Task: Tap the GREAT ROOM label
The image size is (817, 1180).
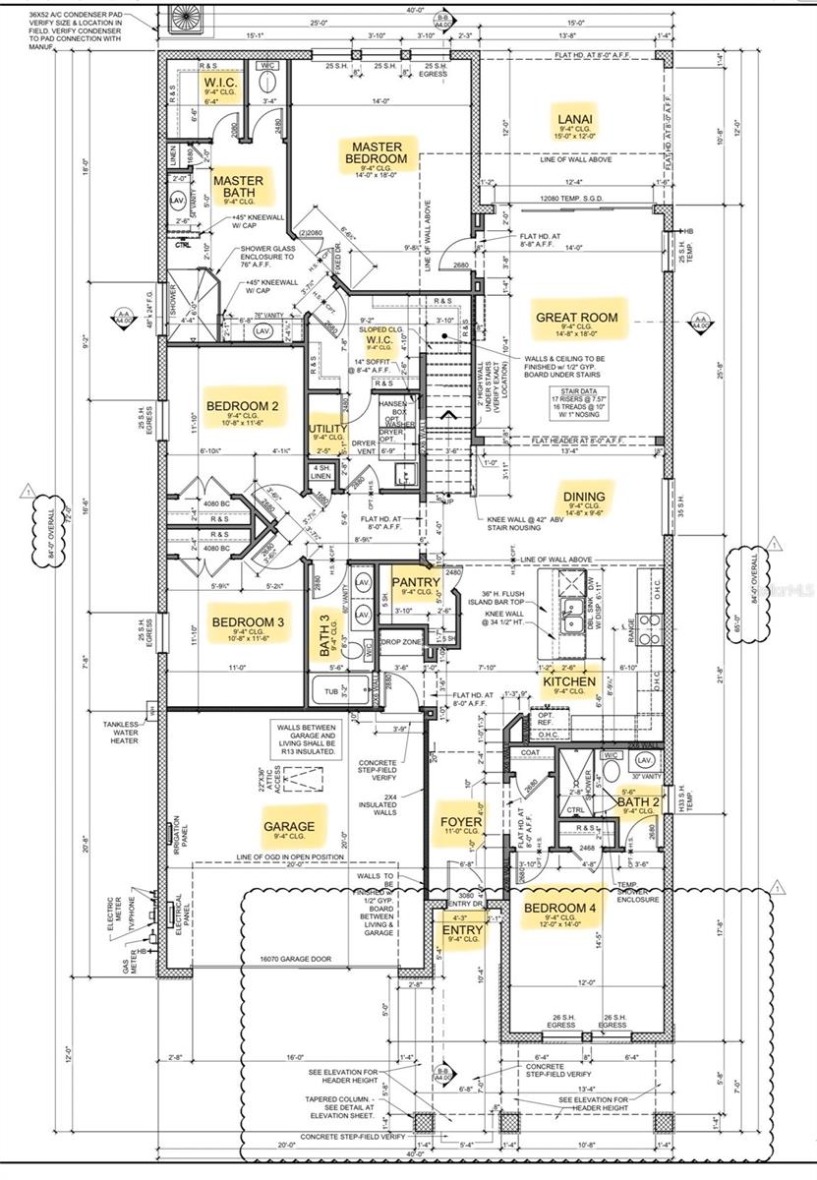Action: click(x=576, y=318)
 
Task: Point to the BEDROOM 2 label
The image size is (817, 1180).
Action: click(x=243, y=406)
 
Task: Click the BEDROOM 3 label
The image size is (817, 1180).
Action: click(x=248, y=622)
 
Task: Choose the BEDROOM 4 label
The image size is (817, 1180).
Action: click(x=559, y=908)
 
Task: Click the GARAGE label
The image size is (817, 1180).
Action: click(x=289, y=826)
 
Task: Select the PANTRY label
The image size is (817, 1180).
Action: click(x=416, y=583)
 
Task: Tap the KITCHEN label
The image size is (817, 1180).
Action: click(x=569, y=681)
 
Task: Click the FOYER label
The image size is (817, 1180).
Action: click(x=461, y=821)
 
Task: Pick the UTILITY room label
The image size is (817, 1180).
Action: click(x=328, y=430)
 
